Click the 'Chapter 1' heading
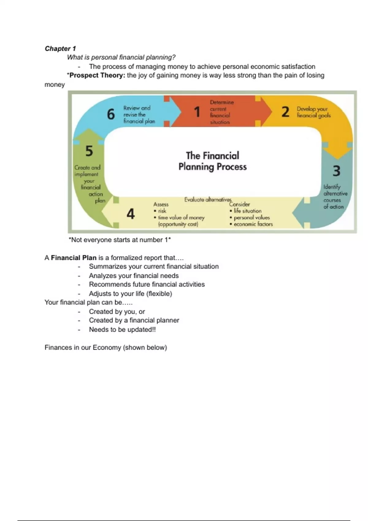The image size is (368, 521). point(60,48)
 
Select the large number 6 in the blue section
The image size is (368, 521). point(111,114)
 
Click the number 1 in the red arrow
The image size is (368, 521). point(197,112)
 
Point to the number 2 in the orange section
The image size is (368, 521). point(285,112)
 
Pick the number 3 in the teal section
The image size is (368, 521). point(336,171)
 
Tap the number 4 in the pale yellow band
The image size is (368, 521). point(131,214)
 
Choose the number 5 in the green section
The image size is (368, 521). point(89,151)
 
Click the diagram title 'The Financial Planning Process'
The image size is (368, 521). point(213,161)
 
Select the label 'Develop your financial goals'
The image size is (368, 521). point(313,112)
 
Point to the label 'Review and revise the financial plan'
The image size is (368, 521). point(139,115)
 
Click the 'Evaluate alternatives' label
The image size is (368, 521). point(208,200)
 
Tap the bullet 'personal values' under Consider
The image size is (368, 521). point(251,218)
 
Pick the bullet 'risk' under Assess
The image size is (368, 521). point(162,211)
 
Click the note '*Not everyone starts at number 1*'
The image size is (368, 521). point(120,240)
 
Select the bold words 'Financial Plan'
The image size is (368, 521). point(74,258)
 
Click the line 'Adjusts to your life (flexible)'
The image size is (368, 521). point(130,294)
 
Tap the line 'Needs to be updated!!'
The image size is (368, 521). point(122,329)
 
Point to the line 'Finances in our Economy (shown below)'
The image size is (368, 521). point(106,348)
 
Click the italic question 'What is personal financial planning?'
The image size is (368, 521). point(121,57)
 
